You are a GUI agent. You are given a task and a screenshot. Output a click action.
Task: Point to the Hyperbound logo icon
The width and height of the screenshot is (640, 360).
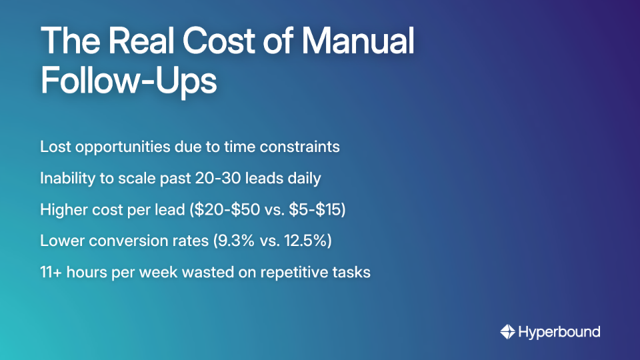click(x=507, y=331)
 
